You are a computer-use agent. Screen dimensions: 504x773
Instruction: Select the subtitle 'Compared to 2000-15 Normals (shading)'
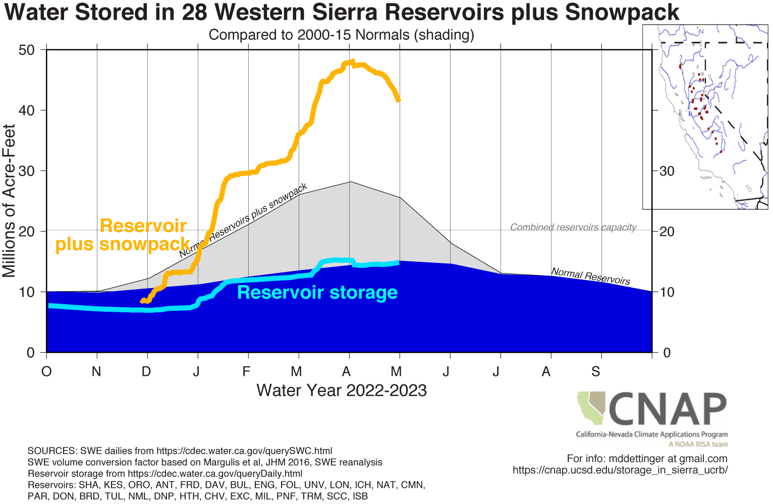341,35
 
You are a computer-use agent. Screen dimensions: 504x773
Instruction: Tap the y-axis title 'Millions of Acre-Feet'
9,201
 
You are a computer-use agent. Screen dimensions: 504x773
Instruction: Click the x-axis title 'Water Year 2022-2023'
342,390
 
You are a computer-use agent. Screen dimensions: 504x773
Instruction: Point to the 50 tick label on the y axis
26,50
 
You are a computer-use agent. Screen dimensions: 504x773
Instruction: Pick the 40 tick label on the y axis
26,110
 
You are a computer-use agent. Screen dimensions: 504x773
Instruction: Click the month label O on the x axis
46,372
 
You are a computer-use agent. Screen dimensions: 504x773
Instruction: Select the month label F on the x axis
246,372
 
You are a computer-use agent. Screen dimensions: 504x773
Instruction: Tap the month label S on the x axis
596,372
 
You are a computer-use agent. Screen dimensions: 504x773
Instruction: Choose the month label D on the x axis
146,372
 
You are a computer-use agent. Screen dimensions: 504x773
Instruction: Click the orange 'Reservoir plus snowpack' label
123,235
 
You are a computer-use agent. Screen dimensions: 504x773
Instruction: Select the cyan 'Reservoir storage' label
317,293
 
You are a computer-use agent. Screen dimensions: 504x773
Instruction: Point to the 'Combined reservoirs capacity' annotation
573,227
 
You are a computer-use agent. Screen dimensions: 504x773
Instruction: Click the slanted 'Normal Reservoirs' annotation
590,276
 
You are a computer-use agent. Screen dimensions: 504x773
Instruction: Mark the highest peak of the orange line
352,62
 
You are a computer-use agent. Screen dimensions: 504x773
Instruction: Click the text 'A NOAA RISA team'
698,444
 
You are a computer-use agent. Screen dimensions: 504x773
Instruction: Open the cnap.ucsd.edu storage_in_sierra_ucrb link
620,470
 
